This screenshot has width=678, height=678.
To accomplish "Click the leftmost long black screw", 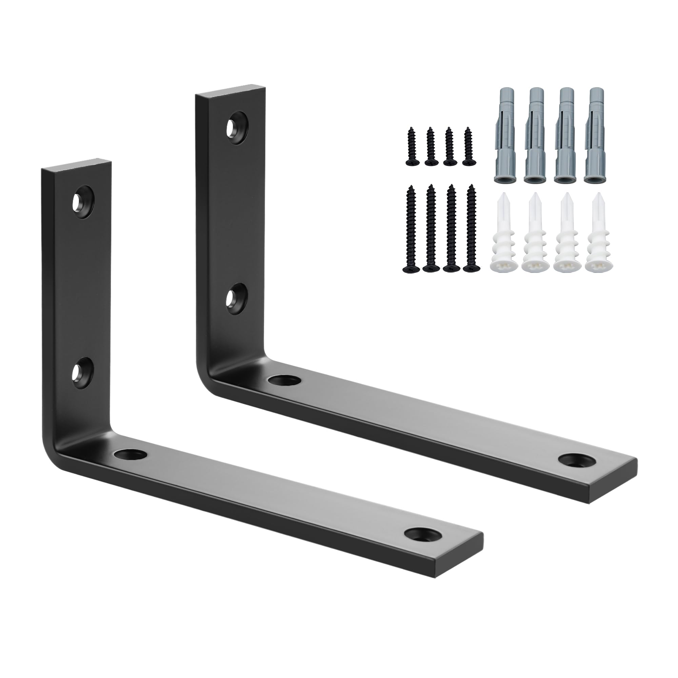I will coord(411,230).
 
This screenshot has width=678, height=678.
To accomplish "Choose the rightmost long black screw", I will coord(470,230).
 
